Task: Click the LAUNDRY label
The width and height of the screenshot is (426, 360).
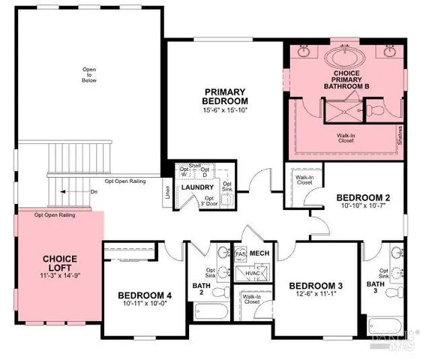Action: [197, 187]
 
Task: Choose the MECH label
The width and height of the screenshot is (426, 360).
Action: [259, 253]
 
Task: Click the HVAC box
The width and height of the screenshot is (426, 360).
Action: [254, 275]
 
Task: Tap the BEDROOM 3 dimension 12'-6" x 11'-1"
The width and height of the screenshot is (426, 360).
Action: [315, 295]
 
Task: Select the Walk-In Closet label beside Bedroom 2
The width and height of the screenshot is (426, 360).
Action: [304, 181]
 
